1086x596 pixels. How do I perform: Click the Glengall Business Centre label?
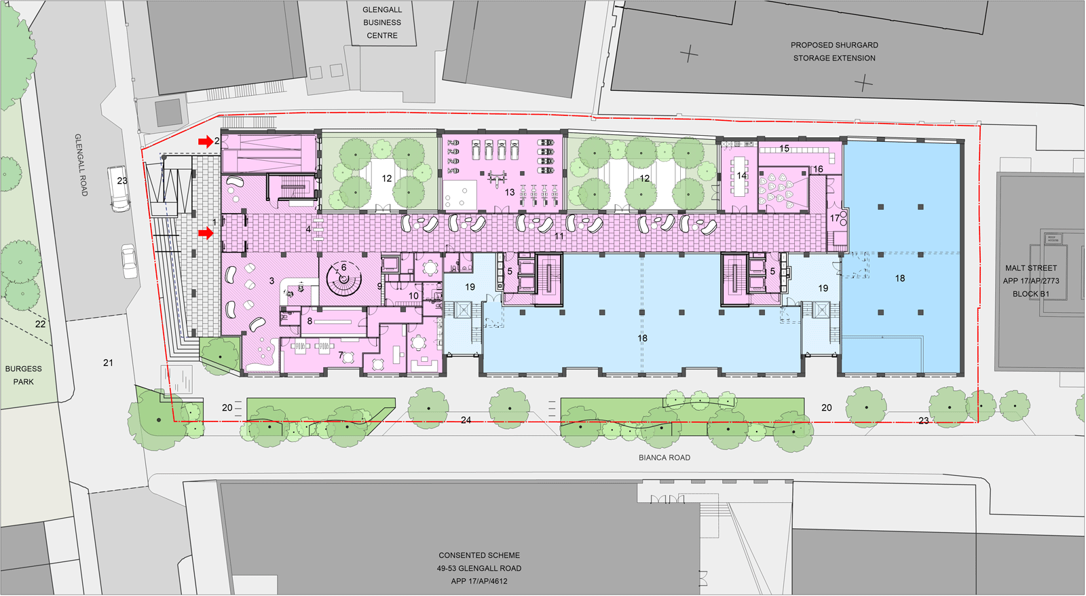click(x=382, y=22)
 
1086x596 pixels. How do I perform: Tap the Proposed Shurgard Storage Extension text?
click(x=834, y=52)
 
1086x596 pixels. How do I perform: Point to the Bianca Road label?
click(x=664, y=458)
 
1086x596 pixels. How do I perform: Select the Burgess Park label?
click(x=23, y=375)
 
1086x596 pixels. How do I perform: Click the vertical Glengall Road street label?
click(x=81, y=165)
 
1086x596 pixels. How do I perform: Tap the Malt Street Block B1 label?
click(x=1031, y=281)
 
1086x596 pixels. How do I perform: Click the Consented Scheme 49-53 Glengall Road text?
click(x=479, y=568)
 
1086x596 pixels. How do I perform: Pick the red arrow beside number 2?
click(x=206, y=142)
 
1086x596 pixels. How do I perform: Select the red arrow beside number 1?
click(x=206, y=234)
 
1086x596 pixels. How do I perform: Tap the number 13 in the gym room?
click(x=509, y=192)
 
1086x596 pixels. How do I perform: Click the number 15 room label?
click(x=784, y=149)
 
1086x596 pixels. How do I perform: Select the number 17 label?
click(x=834, y=218)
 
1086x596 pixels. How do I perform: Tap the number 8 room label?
click(x=310, y=321)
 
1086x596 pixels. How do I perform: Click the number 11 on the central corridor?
click(x=559, y=236)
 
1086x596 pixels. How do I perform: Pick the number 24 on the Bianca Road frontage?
click(x=466, y=420)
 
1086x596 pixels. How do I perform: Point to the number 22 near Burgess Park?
click(x=40, y=324)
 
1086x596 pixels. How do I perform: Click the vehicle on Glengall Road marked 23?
click(x=119, y=189)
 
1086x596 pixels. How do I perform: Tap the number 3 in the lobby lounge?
click(x=271, y=281)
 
